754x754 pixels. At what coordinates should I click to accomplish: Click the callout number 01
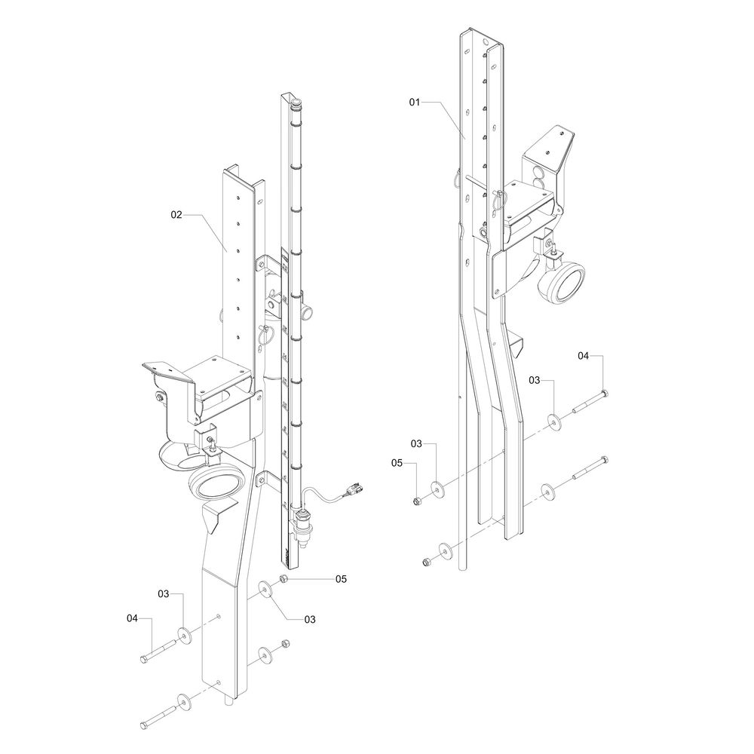pyautogui.click(x=417, y=100)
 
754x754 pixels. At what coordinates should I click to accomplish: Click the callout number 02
pyautogui.click(x=176, y=215)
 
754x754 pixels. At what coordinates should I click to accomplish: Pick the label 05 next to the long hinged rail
pyautogui.click(x=341, y=579)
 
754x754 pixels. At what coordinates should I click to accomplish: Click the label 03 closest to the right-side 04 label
pyautogui.click(x=534, y=381)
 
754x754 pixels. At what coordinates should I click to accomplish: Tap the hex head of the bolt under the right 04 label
pyautogui.click(x=605, y=393)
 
